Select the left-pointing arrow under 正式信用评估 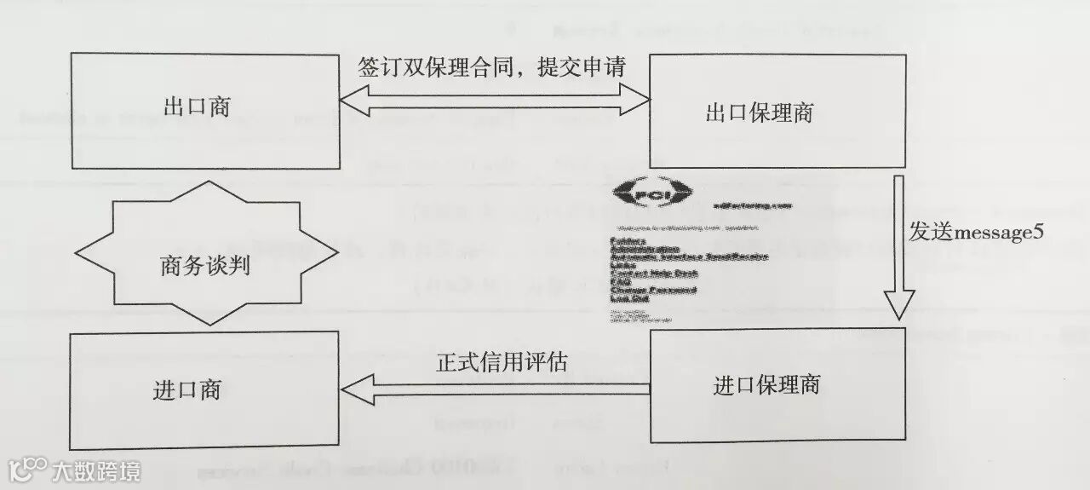point(494,390)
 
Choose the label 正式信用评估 point(502,362)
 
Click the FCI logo point(653,194)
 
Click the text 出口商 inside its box point(197,107)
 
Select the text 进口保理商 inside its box point(766,386)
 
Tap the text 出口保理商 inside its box point(760,114)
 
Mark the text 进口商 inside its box point(187,389)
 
